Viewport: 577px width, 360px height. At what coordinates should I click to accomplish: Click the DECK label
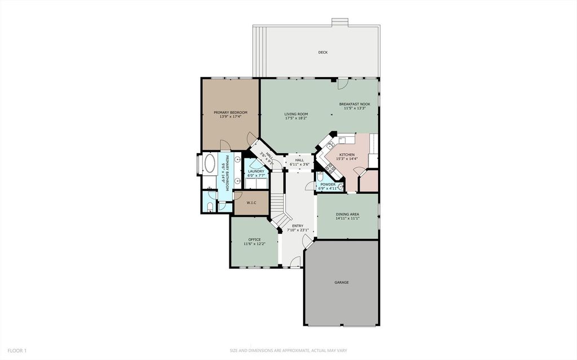pyautogui.click(x=322, y=52)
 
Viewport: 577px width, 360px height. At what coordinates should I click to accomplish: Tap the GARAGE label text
pyautogui.click(x=341, y=282)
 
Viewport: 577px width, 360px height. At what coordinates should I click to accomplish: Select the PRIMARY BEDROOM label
pyautogui.click(x=230, y=112)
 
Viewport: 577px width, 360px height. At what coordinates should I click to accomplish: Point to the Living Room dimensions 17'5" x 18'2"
pyautogui.click(x=296, y=118)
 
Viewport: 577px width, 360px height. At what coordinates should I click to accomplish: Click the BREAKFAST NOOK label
pyautogui.click(x=354, y=104)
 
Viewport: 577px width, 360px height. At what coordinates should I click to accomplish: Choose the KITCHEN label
pyautogui.click(x=347, y=154)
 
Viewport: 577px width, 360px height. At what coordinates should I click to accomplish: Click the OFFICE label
pyautogui.click(x=254, y=239)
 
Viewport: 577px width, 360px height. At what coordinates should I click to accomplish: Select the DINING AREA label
pyautogui.click(x=348, y=214)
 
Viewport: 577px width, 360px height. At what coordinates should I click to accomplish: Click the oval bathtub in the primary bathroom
pyautogui.click(x=209, y=165)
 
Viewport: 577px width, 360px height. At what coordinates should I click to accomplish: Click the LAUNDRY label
pyautogui.click(x=256, y=171)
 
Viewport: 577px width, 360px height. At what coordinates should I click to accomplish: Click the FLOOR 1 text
pyautogui.click(x=17, y=350)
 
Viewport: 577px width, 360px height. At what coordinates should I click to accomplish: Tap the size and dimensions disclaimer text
pyautogui.click(x=288, y=350)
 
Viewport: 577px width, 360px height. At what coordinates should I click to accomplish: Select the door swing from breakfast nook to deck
pyautogui.click(x=342, y=85)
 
